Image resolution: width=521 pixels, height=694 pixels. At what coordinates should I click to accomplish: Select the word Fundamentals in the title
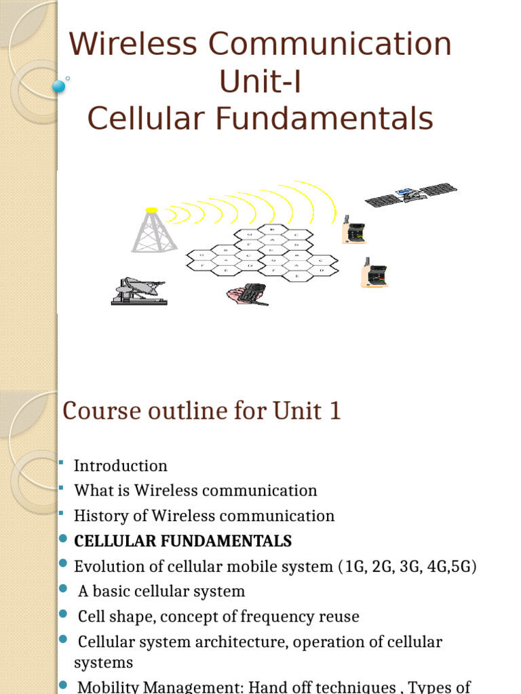coord(324,119)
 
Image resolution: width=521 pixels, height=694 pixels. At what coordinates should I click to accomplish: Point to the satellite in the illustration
coord(410,194)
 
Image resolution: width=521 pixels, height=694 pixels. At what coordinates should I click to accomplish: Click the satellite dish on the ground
coord(138,291)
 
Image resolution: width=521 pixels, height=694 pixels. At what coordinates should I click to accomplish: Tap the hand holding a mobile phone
coord(247,293)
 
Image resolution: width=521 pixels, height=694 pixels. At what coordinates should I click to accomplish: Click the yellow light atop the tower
coord(152,210)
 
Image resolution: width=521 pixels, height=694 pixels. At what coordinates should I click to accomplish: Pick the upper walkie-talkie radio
coord(355,230)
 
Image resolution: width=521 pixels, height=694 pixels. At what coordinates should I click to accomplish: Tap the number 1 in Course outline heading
coord(334,411)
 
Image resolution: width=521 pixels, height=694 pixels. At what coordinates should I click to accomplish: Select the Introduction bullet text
coord(121,466)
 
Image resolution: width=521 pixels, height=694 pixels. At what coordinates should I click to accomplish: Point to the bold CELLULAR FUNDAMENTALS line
coord(183,541)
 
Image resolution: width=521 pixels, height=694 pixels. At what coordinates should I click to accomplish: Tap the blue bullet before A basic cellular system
coord(64,590)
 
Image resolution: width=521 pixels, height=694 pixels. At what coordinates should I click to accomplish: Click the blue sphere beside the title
coord(60,86)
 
